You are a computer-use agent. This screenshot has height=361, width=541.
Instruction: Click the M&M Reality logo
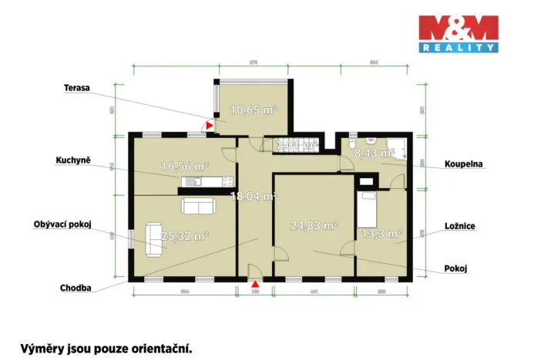click(458, 34)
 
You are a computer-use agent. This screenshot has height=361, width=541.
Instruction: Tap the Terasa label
click(76, 89)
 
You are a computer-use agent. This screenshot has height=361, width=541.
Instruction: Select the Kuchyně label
click(73, 160)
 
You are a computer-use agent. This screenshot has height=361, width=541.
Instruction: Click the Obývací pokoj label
click(62, 224)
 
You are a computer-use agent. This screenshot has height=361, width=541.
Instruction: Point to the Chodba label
click(76, 288)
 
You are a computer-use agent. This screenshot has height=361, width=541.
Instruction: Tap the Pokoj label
click(456, 269)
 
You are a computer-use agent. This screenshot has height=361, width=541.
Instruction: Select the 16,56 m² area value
click(185, 166)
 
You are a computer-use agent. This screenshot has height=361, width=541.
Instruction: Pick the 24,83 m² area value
click(314, 226)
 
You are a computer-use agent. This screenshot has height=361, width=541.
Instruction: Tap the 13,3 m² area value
click(382, 234)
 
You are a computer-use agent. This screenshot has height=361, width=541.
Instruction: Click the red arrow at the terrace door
click(209, 126)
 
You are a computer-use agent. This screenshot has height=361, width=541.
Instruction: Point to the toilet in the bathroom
click(351, 143)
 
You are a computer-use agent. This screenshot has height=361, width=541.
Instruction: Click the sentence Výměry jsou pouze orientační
click(106, 348)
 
